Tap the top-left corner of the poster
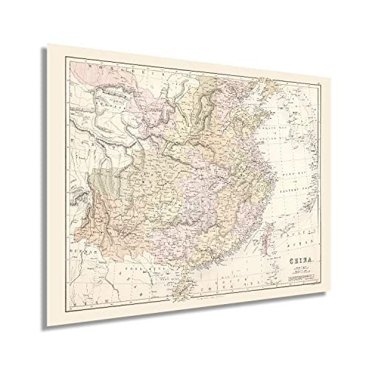click(x=49, y=44)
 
